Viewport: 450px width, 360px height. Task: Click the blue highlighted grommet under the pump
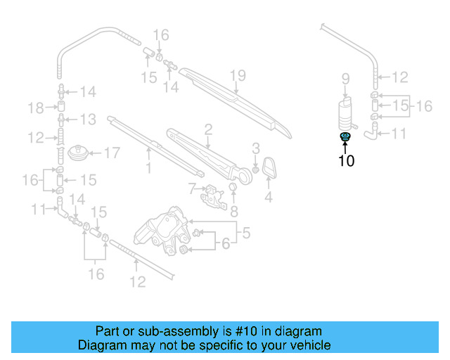tap(345, 136)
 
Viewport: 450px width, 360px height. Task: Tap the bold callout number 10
tap(346, 161)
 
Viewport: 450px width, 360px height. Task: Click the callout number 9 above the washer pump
tap(345, 78)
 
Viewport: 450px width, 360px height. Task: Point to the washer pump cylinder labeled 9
tap(345, 112)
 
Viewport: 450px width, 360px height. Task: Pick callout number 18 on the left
tap(36, 107)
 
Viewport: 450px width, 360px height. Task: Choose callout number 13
tap(87, 119)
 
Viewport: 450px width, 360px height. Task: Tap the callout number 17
tap(112, 153)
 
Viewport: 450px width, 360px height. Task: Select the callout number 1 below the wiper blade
tap(148, 168)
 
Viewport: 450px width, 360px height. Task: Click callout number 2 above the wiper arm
tap(208, 129)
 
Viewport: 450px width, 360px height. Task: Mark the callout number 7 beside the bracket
tap(191, 188)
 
